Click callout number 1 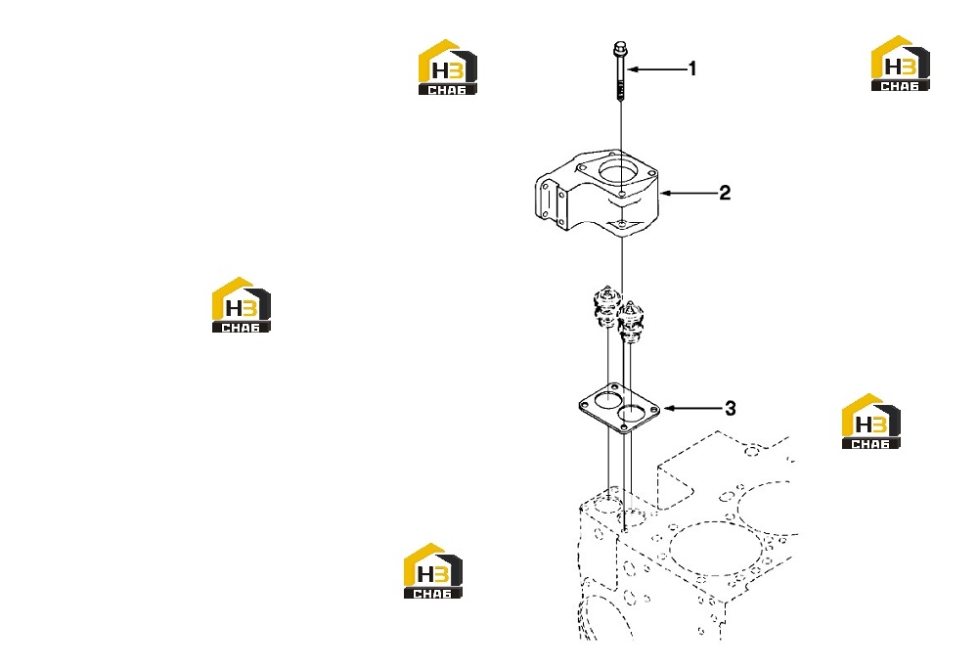coord(691,68)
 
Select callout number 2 coord(724,193)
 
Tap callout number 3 coord(731,409)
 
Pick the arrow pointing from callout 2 coord(689,194)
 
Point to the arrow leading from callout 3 coord(693,409)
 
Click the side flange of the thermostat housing coord(551,201)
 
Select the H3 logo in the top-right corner coord(900,63)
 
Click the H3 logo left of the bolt coord(447,67)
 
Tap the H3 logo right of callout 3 coord(870,422)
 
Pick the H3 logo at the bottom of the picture coord(433,571)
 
